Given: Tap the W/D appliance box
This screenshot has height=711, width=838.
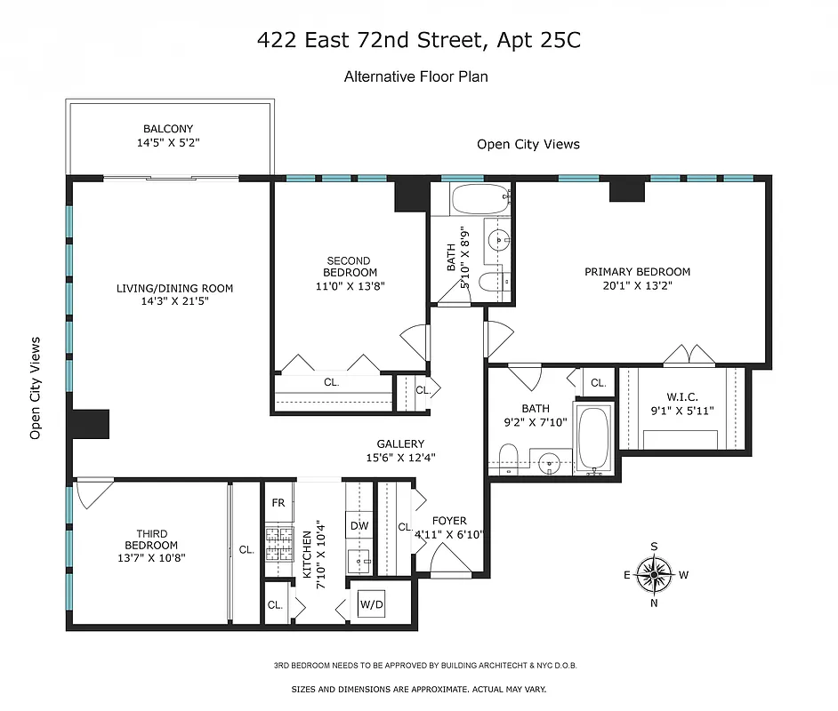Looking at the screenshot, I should click(371, 605).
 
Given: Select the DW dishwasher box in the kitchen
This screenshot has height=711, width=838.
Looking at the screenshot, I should click(359, 526).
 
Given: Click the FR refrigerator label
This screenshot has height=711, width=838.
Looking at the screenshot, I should click(278, 503).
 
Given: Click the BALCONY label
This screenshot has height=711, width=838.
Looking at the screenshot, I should click(168, 129).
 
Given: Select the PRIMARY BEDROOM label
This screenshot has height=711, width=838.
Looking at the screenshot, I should click(637, 272).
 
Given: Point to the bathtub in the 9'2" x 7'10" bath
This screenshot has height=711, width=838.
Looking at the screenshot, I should click(592, 439).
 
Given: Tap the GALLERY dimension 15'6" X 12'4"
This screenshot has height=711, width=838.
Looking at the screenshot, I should click(400, 458).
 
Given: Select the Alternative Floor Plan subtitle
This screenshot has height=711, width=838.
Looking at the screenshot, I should click(415, 77).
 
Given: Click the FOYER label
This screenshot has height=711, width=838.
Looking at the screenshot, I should click(449, 521).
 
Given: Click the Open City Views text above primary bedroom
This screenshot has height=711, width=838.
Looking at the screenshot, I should click(528, 144).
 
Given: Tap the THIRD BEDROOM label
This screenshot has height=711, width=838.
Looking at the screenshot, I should click(150, 539).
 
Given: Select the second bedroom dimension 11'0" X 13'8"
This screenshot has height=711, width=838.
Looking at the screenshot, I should click(350, 286).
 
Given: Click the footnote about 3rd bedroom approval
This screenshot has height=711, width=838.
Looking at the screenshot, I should click(418, 666).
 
